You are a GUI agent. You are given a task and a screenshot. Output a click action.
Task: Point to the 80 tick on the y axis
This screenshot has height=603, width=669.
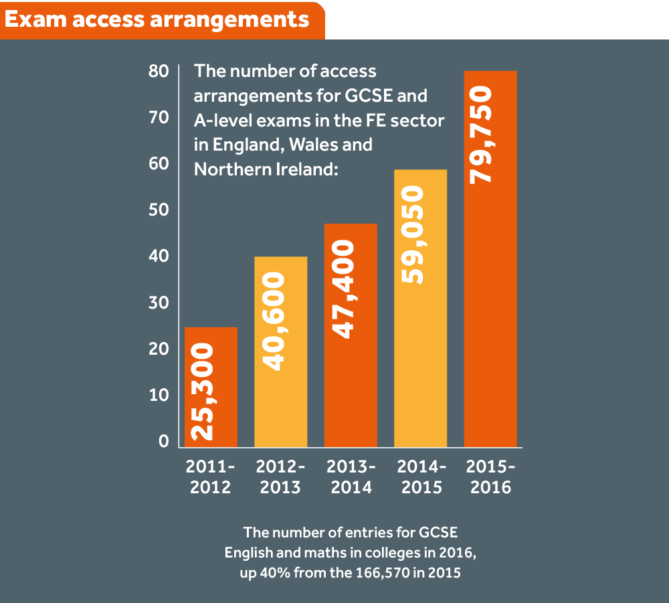pyautogui.click(x=159, y=72)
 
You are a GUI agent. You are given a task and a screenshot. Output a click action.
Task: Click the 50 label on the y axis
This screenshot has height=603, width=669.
pyautogui.click(x=159, y=211)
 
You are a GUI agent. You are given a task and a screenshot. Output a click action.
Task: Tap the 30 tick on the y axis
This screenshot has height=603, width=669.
pyautogui.click(x=159, y=303)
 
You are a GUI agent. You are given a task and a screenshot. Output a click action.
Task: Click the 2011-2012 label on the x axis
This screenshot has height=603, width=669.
pyautogui.click(x=211, y=476)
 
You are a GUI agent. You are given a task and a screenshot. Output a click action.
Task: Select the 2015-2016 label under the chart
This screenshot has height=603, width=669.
pyautogui.click(x=490, y=476)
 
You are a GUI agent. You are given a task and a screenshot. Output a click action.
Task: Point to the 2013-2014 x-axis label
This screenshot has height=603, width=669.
pyautogui.click(x=351, y=476)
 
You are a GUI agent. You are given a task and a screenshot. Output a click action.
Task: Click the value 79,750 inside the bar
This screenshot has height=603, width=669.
pyautogui.click(x=481, y=135)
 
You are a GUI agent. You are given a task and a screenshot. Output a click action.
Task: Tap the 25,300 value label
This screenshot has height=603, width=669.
pyautogui.click(x=201, y=392)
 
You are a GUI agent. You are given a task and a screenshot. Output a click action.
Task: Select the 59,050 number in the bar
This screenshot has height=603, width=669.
pyautogui.click(x=411, y=236)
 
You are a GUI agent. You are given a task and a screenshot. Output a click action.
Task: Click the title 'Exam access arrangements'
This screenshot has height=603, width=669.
pyautogui.click(x=157, y=19)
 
